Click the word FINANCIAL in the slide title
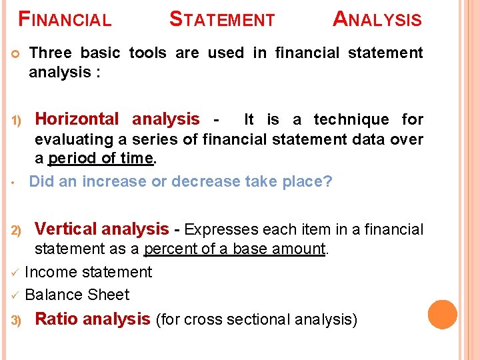tap(65, 19)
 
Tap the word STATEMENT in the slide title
tap(222, 19)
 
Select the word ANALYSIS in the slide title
tap(377, 19)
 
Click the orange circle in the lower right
tap(442, 315)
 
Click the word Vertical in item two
tap(66, 229)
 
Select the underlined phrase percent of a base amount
tap(235, 249)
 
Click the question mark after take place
tap(327, 181)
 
